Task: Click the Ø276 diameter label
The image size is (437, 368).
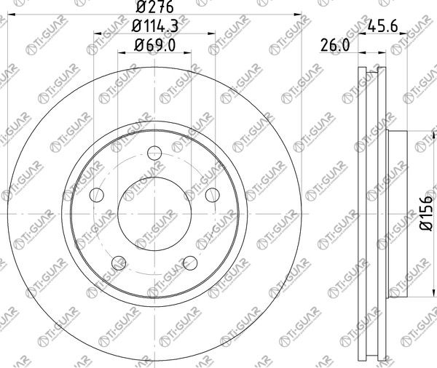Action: click(x=155, y=7)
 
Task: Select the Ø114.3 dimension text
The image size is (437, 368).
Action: click(x=154, y=26)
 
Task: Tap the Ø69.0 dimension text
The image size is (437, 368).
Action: click(x=154, y=45)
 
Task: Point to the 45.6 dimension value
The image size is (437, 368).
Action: click(x=382, y=26)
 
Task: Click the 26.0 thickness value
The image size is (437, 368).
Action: click(x=335, y=45)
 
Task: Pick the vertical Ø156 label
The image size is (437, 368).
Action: click(x=426, y=213)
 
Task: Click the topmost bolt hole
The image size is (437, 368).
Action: click(x=154, y=153)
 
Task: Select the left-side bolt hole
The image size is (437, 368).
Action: click(x=97, y=195)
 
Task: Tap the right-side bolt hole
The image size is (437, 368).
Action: click(x=213, y=195)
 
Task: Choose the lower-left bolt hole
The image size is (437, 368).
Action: click(x=119, y=263)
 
